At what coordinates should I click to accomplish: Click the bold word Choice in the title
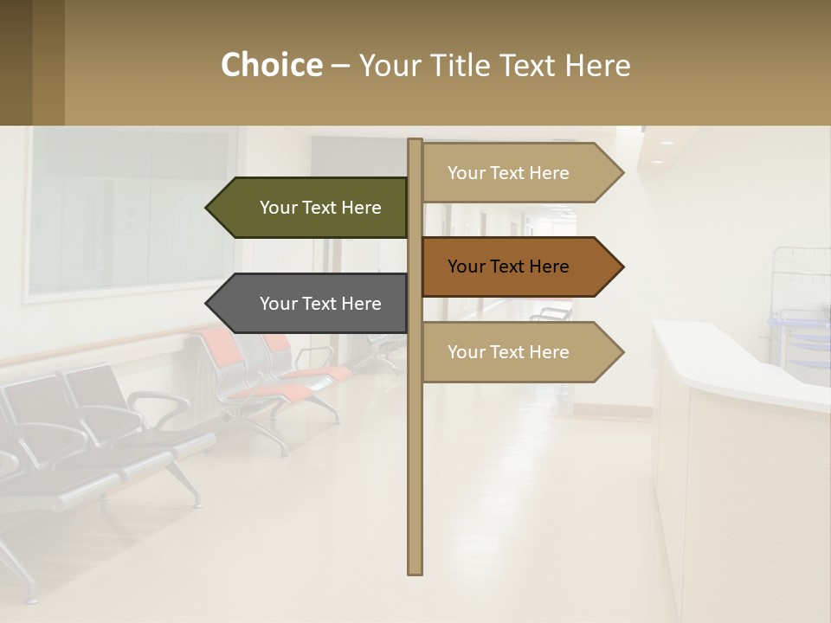point(271,65)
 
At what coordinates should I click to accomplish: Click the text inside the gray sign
point(320,304)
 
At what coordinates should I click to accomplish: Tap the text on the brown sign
point(508,267)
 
